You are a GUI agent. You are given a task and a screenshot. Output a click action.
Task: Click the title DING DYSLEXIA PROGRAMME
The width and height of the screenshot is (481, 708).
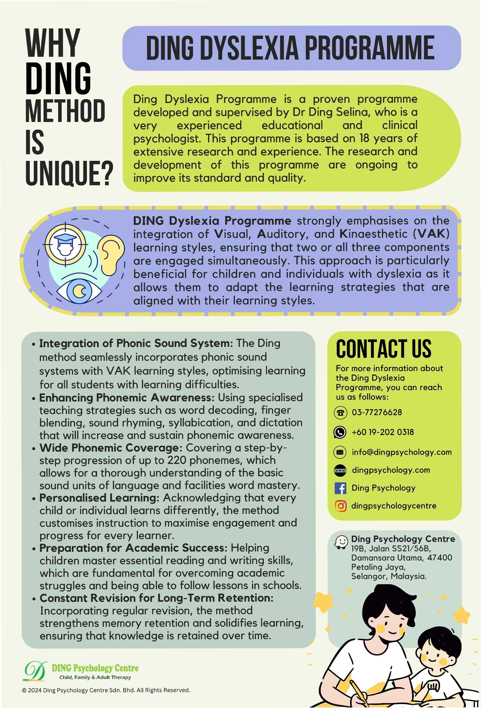[291, 48]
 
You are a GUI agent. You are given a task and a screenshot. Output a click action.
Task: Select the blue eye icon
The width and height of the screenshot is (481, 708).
[79, 291]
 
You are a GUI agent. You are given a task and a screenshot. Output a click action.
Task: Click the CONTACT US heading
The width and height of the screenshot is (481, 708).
[384, 349]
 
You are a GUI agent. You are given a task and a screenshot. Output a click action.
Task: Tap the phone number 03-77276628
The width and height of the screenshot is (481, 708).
[377, 412]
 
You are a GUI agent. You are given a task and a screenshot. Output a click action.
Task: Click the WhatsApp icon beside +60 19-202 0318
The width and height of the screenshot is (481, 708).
[340, 432]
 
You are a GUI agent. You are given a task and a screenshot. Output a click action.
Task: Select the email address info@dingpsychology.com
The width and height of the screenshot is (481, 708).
[401, 452]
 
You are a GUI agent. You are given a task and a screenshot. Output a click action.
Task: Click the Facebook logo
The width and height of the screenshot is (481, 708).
[340, 488]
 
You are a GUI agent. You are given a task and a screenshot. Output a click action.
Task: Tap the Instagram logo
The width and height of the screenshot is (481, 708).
[340, 506]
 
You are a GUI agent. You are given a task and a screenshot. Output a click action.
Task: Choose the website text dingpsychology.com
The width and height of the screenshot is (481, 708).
[391, 470]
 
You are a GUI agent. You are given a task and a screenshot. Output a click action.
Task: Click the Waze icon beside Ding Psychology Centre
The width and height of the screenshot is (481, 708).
[341, 541]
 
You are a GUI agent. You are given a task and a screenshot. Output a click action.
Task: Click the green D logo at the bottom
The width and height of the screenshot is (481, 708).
[35, 671]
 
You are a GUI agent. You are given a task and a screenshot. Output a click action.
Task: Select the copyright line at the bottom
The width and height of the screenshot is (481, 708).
[106, 690]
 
